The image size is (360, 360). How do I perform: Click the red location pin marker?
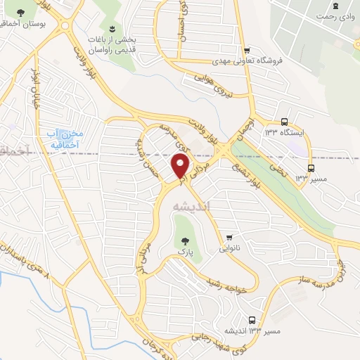[180, 167]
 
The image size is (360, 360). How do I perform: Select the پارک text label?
[184, 251]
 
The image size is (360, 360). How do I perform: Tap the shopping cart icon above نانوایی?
[229, 237]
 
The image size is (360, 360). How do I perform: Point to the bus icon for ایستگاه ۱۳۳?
[284, 121]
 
